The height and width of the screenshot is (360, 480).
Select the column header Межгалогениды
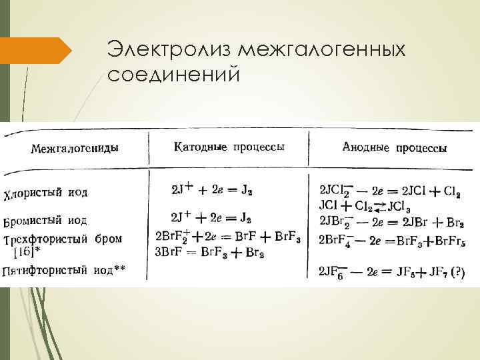coord(75,148)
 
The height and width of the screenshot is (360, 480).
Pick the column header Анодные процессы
coord(394,148)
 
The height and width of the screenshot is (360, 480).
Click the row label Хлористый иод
coord(45,193)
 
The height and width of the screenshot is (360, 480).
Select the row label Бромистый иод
coord(45,220)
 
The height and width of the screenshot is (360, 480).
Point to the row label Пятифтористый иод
coord(64,270)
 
